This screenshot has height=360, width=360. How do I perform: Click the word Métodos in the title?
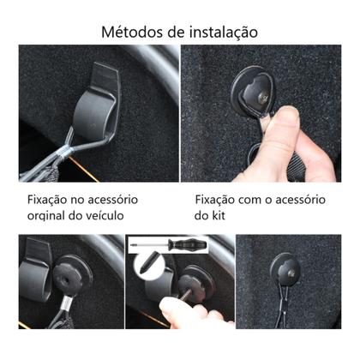pyautogui.click(x=130, y=33)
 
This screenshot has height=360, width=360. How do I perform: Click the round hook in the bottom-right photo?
pyautogui.click(x=282, y=271)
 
